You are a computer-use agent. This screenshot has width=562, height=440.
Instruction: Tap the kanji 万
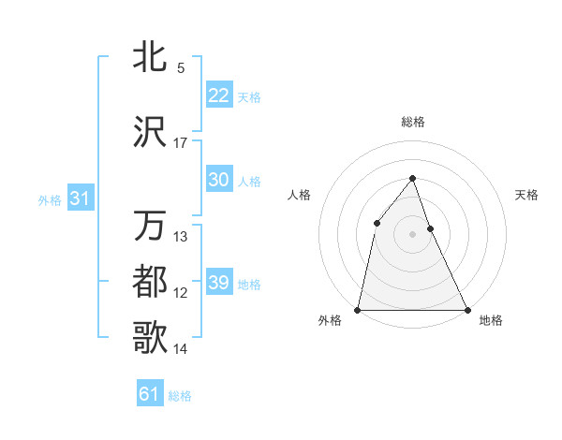pyautogui.click(x=150, y=227)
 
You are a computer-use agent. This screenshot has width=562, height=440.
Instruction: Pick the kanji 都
pyautogui.click(x=150, y=281)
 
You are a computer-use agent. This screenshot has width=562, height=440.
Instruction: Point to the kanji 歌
pyautogui.click(x=150, y=335)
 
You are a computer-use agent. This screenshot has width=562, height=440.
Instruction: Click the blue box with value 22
pyautogui.click(x=218, y=95)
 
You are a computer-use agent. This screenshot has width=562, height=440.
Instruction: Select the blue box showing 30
pyautogui.click(x=218, y=180)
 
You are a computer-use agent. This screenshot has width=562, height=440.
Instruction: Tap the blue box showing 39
pyautogui.click(x=218, y=283)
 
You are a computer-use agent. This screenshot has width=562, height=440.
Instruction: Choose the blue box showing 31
pyautogui.click(x=81, y=198)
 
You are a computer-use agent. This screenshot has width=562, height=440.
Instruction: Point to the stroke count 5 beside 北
pyautogui.click(x=181, y=68)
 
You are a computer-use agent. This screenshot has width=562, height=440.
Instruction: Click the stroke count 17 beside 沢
pyautogui.click(x=181, y=144)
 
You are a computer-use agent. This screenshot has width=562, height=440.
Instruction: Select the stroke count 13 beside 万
pyautogui.click(x=181, y=237)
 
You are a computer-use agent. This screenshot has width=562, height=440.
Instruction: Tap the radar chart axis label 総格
pyautogui.click(x=412, y=122)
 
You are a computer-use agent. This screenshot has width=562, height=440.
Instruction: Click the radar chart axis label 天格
pyautogui.click(x=527, y=195)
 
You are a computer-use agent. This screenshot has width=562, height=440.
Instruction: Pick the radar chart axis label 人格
pyautogui.click(x=299, y=195)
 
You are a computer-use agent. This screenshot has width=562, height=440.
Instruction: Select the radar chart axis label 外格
pyautogui.click(x=330, y=321)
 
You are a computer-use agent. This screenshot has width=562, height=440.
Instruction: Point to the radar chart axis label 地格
pyautogui.click(x=491, y=321)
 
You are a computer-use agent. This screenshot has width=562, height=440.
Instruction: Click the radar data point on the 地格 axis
pyautogui.click(x=466, y=309)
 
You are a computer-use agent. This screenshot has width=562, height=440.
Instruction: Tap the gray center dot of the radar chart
pyautogui.click(x=412, y=234)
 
